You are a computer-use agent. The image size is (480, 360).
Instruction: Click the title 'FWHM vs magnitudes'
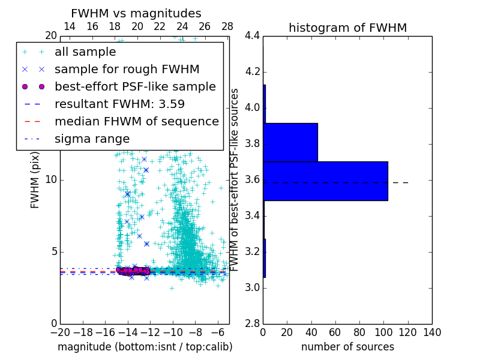coord(136,14)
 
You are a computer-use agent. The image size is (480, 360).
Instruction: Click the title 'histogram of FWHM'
coord(347,28)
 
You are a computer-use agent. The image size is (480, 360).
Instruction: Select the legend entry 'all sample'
coord(85,52)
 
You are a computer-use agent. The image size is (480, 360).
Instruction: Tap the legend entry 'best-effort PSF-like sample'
coord(135,87)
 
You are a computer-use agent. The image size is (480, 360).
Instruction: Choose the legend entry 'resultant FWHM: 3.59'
coord(119,104)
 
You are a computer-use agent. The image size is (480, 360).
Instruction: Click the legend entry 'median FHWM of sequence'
coord(136,122)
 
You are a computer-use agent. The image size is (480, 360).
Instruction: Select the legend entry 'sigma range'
coord(92,139)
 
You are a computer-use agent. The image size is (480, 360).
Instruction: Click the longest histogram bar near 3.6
coord(325,181)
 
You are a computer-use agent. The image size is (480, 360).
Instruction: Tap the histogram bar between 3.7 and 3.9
coord(290,142)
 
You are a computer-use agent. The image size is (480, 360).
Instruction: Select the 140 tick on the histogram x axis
coord(432,332)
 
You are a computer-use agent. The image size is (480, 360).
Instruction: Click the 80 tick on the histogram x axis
coord(359,332)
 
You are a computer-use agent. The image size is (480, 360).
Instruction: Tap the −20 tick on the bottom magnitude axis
coord(60,332)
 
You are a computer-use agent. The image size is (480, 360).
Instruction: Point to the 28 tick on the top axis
coord(227,26)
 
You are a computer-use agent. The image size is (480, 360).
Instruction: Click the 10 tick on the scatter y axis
coord(52,180)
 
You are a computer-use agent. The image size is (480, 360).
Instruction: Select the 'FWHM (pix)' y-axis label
coord(35,180)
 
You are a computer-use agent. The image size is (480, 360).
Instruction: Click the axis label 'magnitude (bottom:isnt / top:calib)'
coord(145,347)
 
